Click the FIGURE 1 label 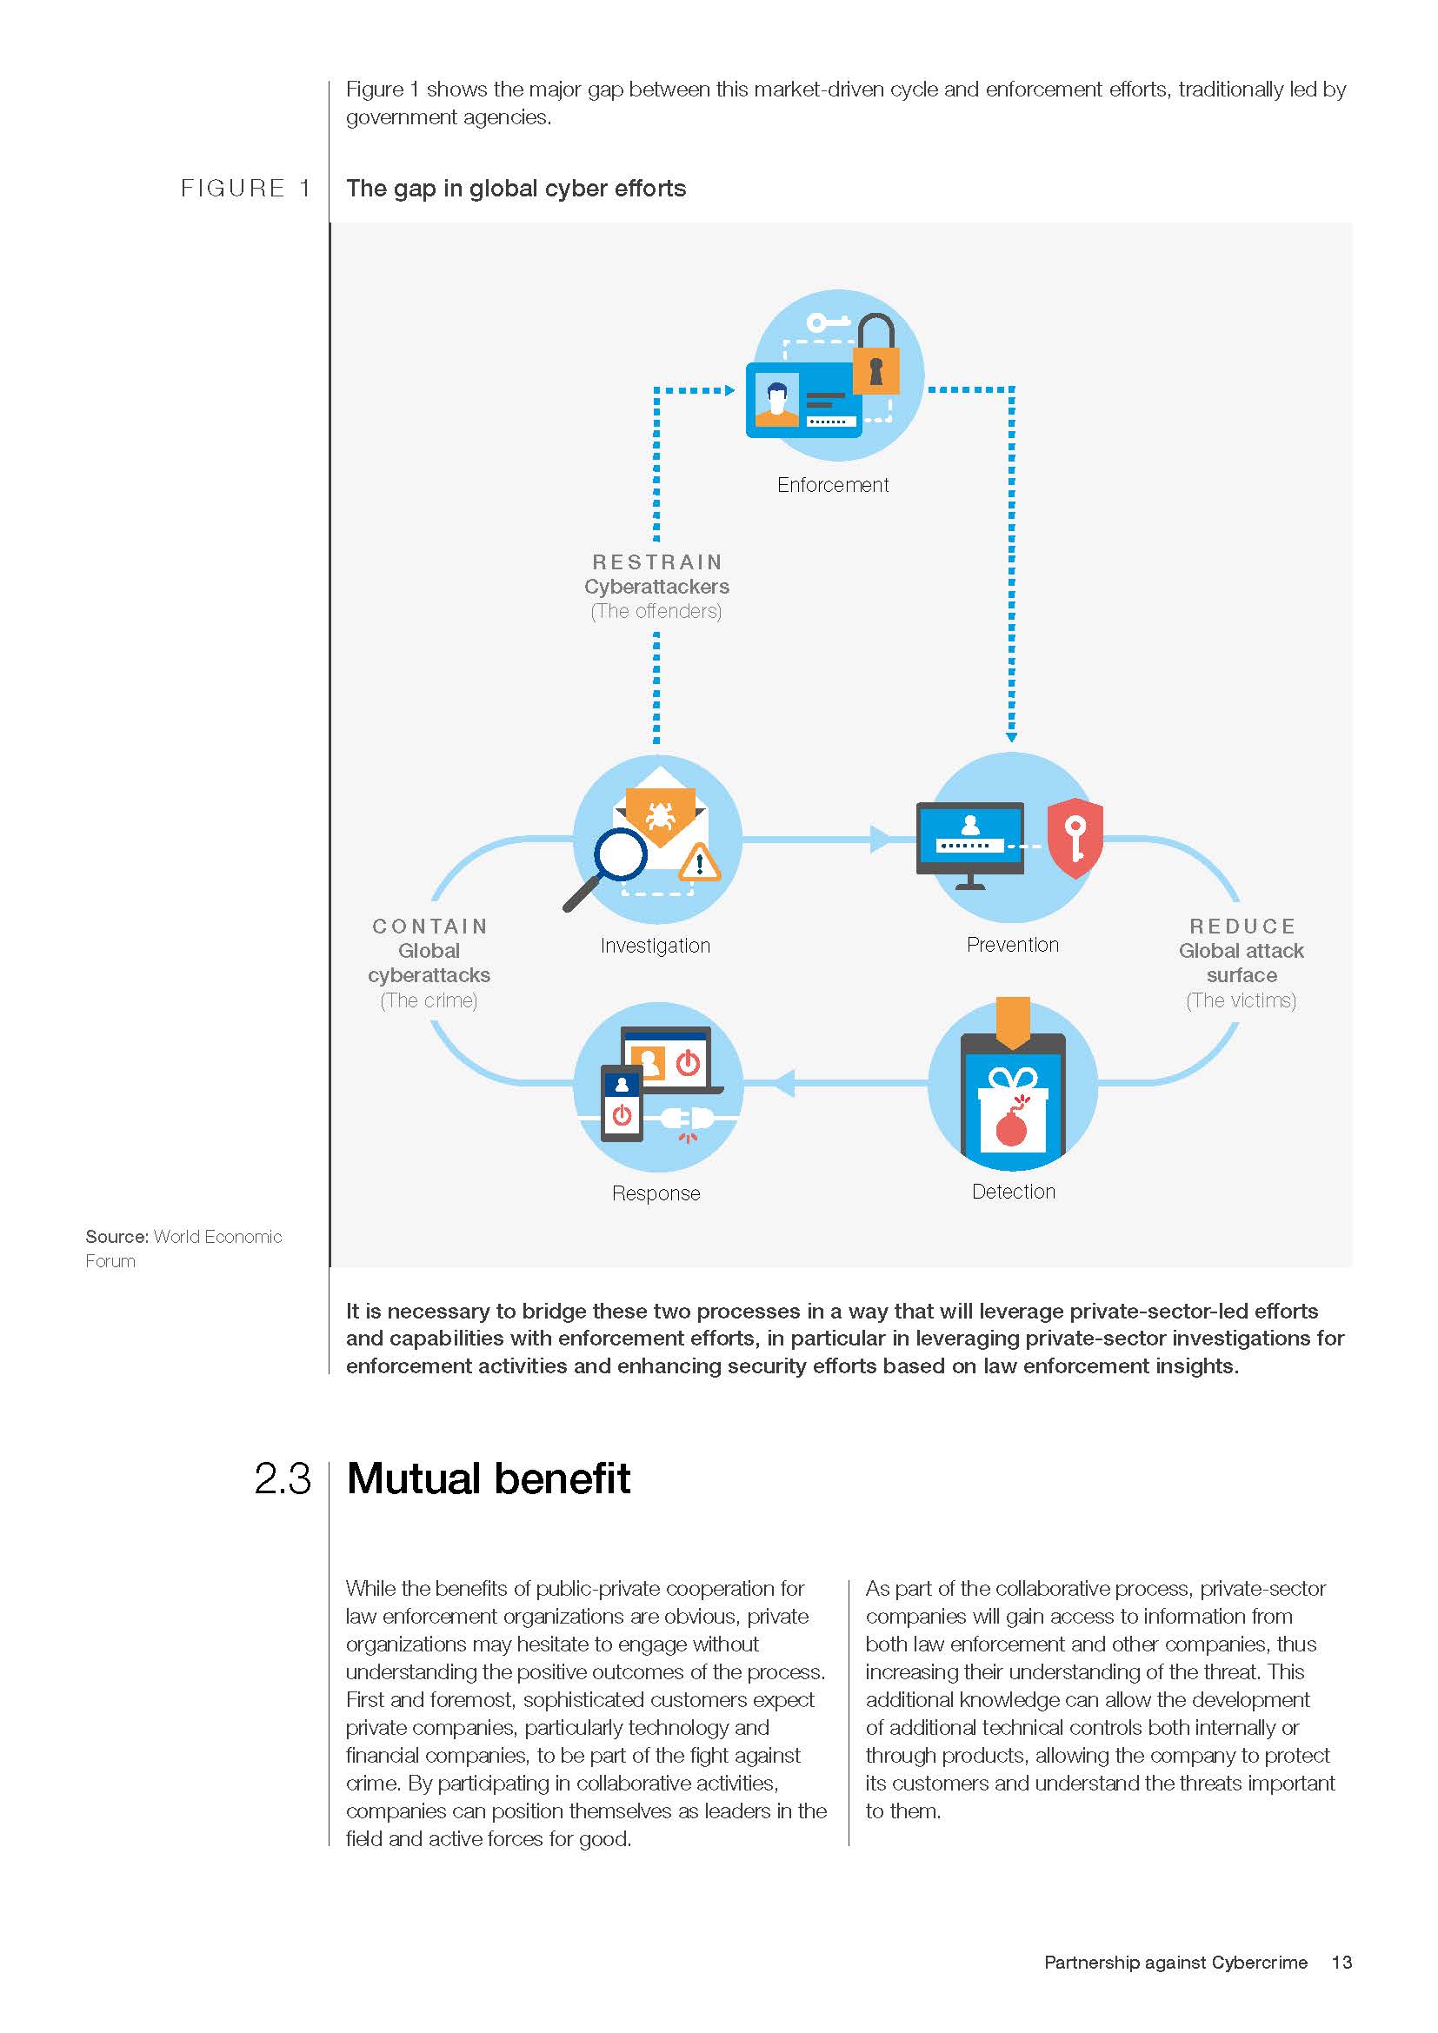[245, 189]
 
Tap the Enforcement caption [832, 485]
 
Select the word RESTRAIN [657, 562]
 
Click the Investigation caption [656, 946]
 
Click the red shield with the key [1075, 838]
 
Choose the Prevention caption [1012, 945]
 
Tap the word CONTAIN [429, 927]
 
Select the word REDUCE [1242, 927]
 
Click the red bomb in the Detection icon [1011, 1127]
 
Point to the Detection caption [1013, 1192]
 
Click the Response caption [656, 1193]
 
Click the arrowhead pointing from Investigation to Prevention [880, 839]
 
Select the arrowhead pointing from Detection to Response [784, 1082]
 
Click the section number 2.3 [283, 1478]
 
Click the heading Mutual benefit [488, 1478]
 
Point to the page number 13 [1341, 1963]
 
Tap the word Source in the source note [115, 1237]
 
